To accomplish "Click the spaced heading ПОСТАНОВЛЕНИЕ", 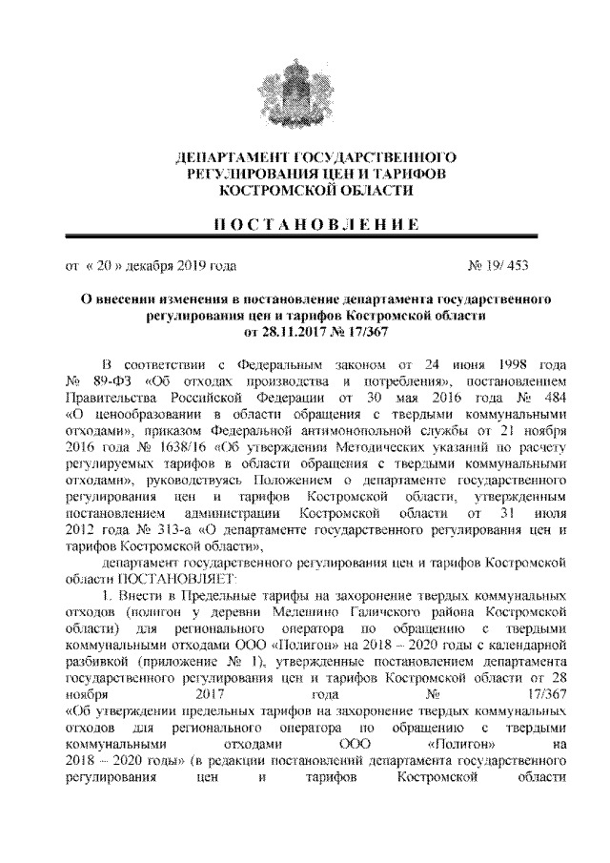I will point(304,224).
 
